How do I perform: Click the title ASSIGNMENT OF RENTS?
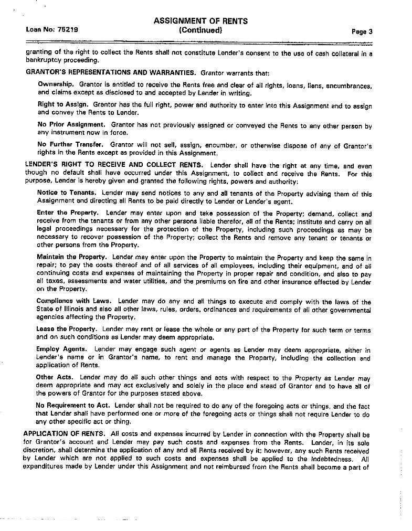(200, 21)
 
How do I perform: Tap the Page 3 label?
(362, 31)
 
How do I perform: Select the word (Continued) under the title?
(200, 30)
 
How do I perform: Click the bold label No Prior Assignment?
(71, 125)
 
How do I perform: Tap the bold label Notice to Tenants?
(67, 193)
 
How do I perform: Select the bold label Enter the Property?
(68, 213)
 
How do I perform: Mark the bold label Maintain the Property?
(72, 257)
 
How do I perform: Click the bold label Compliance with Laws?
(73, 301)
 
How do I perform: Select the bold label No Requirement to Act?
(73, 405)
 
